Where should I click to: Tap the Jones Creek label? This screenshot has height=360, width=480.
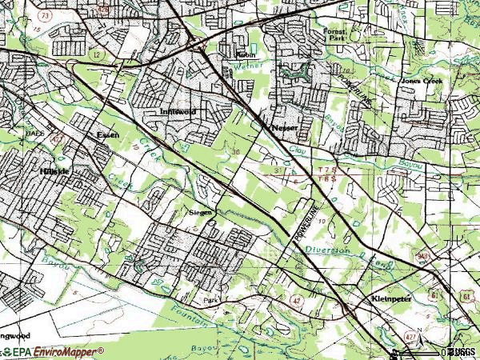pos(421,81)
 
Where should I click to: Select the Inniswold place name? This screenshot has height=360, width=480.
pos(178,113)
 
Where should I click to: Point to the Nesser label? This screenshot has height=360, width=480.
pos(286,127)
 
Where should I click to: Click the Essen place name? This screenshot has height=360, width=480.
pos(107,135)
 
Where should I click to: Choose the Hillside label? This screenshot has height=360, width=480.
pos(54,171)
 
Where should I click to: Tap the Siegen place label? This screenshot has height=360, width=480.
pos(201,213)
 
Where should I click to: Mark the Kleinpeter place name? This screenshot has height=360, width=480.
pos(390,298)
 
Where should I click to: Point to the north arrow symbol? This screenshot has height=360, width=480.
pos(397,350)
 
